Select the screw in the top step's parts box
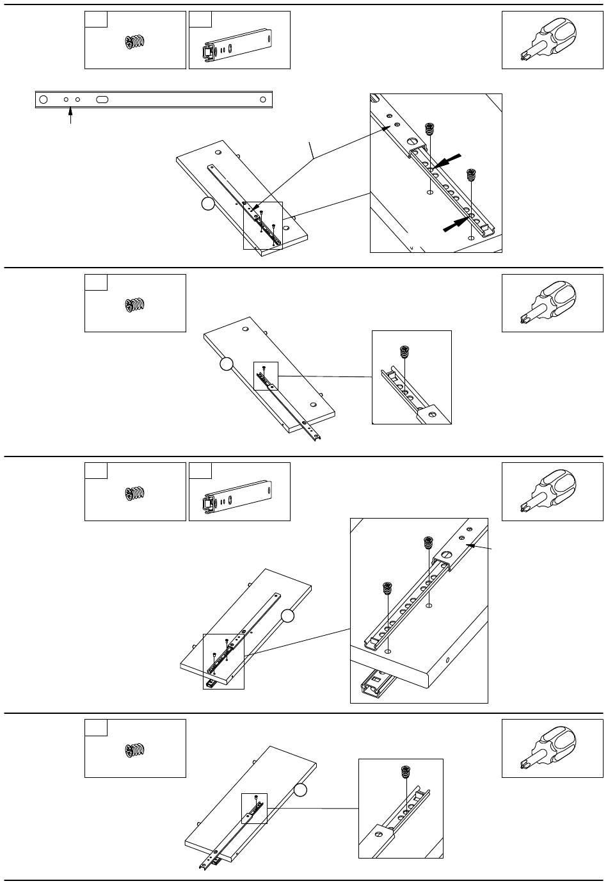(135, 42)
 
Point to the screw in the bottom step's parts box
(135, 750)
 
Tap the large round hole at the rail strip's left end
(44, 100)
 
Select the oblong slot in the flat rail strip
(102, 100)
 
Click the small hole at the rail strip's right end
(262, 100)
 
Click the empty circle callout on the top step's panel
(207, 204)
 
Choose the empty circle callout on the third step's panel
(288, 616)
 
